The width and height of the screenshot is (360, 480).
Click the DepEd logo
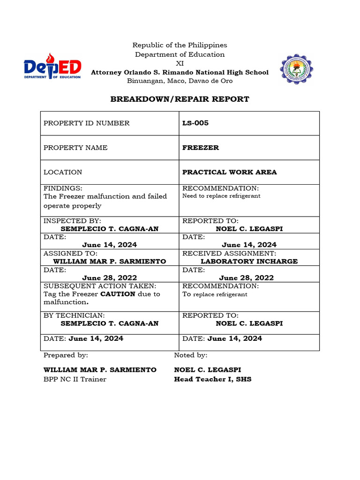pos(52,69)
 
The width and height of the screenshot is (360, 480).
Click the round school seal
pos(297,69)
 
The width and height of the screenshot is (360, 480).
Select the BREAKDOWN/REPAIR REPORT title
pos(180,99)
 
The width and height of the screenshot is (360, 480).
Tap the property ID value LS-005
pos(195,123)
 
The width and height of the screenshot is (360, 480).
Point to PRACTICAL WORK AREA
pos(229,172)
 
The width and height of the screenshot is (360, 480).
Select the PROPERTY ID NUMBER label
pos(86,123)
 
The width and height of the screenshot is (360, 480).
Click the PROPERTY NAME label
pos(75,148)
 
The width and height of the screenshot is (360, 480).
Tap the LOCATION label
pos(62,172)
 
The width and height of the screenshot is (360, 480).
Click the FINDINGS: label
pos(63,188)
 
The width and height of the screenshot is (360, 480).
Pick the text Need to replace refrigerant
pos(221,196)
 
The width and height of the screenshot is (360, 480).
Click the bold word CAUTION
pos(118,294)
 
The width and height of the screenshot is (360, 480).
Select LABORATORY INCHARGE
pos(249,262)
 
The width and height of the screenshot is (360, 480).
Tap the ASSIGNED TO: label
pos(70,254)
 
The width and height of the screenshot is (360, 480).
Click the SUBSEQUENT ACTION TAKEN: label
pos(100,286)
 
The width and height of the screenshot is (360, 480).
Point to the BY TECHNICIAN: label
pos(74,315)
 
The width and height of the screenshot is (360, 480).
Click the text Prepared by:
pos(66,355)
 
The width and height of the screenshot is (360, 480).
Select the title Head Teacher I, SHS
pos(212,379)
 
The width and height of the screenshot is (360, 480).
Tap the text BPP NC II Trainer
pos(75,379)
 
